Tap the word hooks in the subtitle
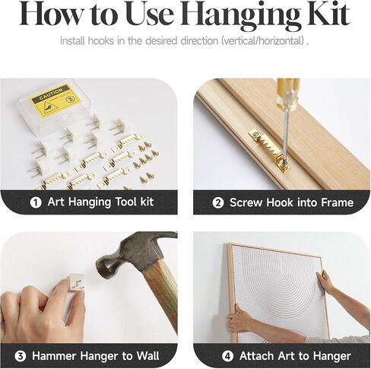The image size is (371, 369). click(100, 41)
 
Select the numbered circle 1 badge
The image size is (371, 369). click(36, 202)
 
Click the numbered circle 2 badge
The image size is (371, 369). click(218, 202)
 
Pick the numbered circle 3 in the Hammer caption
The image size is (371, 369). click(21, 356)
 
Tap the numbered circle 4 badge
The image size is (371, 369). click(227, 356)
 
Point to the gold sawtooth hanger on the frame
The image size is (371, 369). click(269, 149)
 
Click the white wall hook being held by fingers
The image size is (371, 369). click(74, 282)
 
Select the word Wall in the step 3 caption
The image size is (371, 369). click(147, 355)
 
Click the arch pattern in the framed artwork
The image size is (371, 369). click(279, 287)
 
